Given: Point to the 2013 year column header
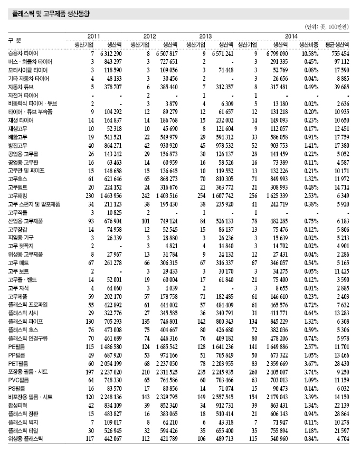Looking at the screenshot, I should click(206, 36).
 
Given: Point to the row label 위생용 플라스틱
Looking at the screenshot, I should click(26, 438).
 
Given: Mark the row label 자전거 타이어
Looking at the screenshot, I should click(23, 95).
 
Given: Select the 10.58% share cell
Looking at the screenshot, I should click(310, 54).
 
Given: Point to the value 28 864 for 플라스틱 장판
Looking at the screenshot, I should click(339, 414).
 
